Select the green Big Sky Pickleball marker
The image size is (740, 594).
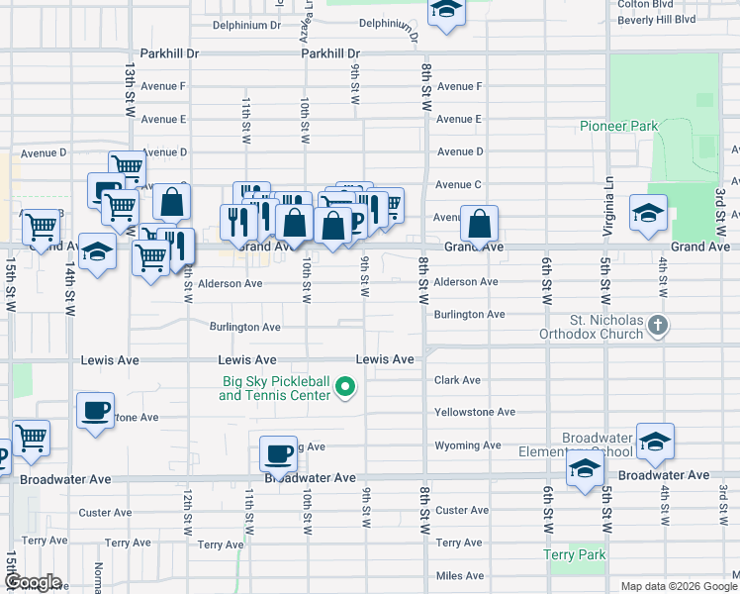[x=345, y=387]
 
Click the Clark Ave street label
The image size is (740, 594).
[x=457, y=380]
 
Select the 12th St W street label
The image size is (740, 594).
[x=186, y=506]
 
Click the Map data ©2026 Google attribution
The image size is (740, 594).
[x=676, y=586]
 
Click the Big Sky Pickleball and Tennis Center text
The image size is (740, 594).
[x=274, y=388]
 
